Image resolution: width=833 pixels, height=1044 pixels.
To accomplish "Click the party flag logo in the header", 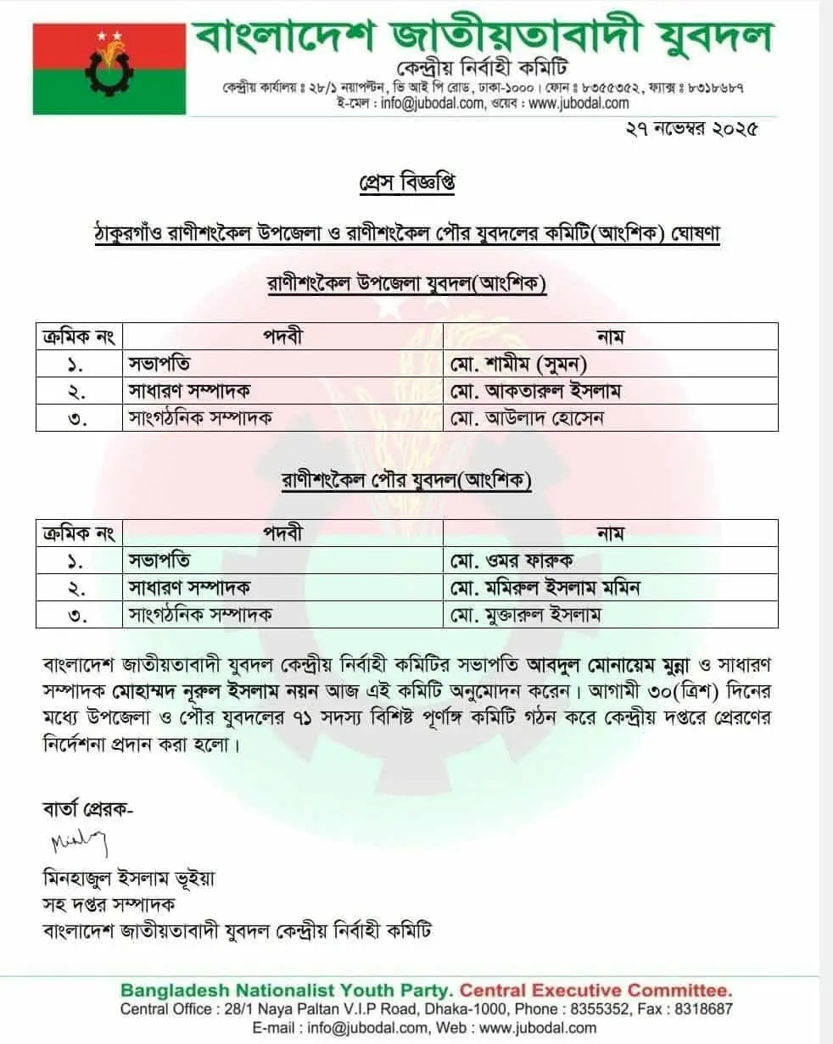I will tap(109, 68).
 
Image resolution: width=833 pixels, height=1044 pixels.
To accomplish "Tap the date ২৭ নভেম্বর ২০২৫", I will tap(689, 129).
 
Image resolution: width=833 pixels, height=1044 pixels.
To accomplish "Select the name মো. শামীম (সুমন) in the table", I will tap(519, 364).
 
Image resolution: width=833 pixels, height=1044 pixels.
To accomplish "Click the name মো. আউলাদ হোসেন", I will tap(527, 418).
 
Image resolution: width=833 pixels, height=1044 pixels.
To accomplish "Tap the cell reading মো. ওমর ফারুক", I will tap(512, 561).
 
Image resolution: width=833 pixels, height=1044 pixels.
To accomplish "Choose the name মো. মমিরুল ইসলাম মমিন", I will tap(546, 587).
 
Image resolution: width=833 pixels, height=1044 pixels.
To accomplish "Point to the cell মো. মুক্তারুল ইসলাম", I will tap(531, 614).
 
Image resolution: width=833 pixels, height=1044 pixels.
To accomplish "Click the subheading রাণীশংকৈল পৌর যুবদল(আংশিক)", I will tap(406, 481).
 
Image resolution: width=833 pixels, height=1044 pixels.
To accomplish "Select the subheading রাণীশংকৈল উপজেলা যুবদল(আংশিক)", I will tap(406, 285).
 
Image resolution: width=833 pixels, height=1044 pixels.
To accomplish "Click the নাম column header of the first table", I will tap(611, 337).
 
